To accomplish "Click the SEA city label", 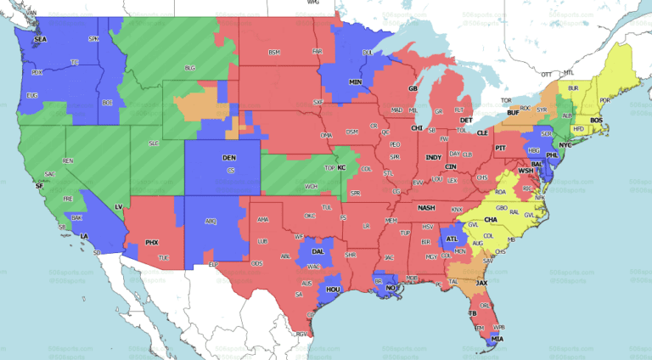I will (x=39, y=40).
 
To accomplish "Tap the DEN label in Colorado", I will (x=229, y=158).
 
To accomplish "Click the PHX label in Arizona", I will (x=153, y=242).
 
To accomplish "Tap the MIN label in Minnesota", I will (x=356, y=82).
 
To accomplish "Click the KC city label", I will (x=341, y=168).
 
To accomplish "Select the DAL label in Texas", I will (x=318, y=251).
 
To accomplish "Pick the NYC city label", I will (x=565, y=145).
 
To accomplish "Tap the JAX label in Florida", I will (x=481, y=282).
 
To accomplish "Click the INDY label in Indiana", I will (x=433, y=157).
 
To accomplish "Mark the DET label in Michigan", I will (x=465, y=121).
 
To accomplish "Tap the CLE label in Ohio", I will (x=482, y=133).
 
